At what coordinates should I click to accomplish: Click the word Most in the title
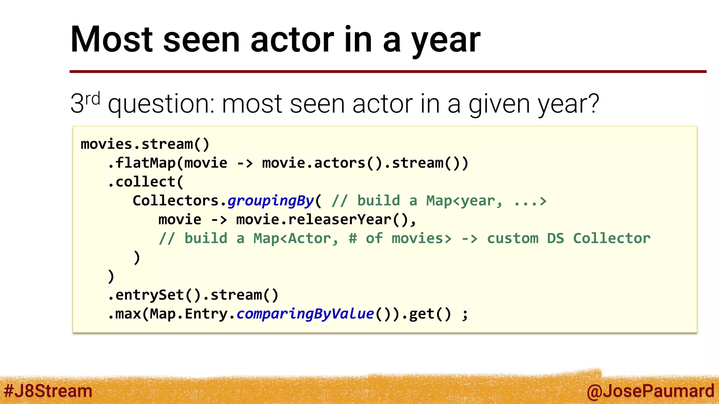112,40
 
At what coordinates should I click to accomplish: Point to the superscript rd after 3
93,99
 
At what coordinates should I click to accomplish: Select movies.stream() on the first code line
145,144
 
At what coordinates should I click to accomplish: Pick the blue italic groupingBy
270,201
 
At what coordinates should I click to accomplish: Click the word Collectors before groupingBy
176,201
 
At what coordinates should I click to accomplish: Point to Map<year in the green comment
460,201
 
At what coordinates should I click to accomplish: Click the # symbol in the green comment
352,239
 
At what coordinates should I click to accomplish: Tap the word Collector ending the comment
612,239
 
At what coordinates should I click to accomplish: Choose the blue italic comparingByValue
305,314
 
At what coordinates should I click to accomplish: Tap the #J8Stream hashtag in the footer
48,391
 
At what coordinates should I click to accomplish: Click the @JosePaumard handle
650,391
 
